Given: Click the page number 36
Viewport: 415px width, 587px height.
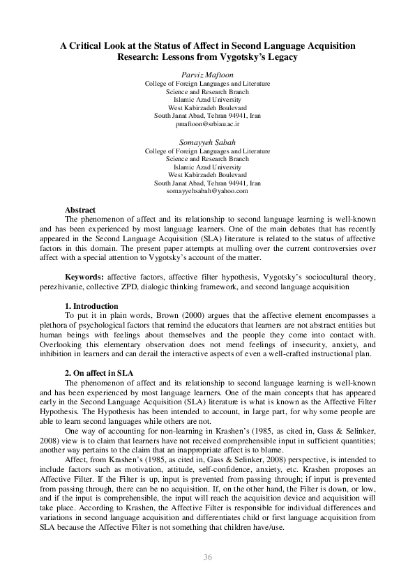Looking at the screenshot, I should point(207,556).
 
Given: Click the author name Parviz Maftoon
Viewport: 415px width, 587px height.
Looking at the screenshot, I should point(207,74).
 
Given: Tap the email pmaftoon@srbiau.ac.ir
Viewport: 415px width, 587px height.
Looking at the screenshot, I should point(207,123).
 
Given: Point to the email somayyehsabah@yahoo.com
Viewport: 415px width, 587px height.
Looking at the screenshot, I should point(207,190).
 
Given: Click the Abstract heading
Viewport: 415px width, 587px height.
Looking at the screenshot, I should point(80,210).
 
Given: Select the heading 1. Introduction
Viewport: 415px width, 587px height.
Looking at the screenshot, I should point(91,307).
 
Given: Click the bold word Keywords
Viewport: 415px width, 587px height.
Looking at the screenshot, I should point(85,277).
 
